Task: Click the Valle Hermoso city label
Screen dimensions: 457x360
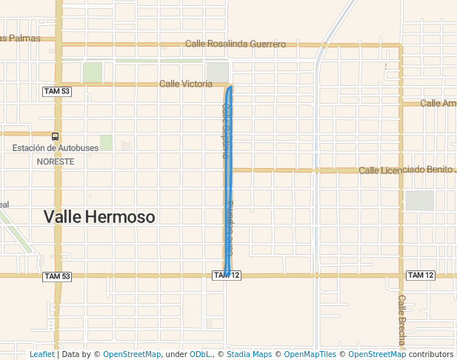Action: tap(99, 217)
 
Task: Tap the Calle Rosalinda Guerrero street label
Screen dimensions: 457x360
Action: tap(236, 44)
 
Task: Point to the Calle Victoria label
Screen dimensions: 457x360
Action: tap(186, 84)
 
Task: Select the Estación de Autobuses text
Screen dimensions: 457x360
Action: tap(56, 148)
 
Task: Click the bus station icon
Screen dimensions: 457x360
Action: tap(56, 136)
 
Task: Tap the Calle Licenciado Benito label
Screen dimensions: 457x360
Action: tap(407, 170)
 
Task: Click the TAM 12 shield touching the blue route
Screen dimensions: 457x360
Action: tap(227, 276)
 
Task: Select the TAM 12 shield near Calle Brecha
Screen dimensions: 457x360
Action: tap(420, 276)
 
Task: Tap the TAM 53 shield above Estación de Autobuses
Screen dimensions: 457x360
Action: tap(57, 91)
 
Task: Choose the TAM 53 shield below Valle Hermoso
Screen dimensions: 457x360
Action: tap(57, 276)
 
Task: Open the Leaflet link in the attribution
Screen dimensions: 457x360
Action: tap(41, 354)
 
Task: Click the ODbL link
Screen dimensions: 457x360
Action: tap(199, 354)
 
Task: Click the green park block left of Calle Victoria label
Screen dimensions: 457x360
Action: tap(93, 73)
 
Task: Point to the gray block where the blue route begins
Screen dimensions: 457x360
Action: tap(218, 72)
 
